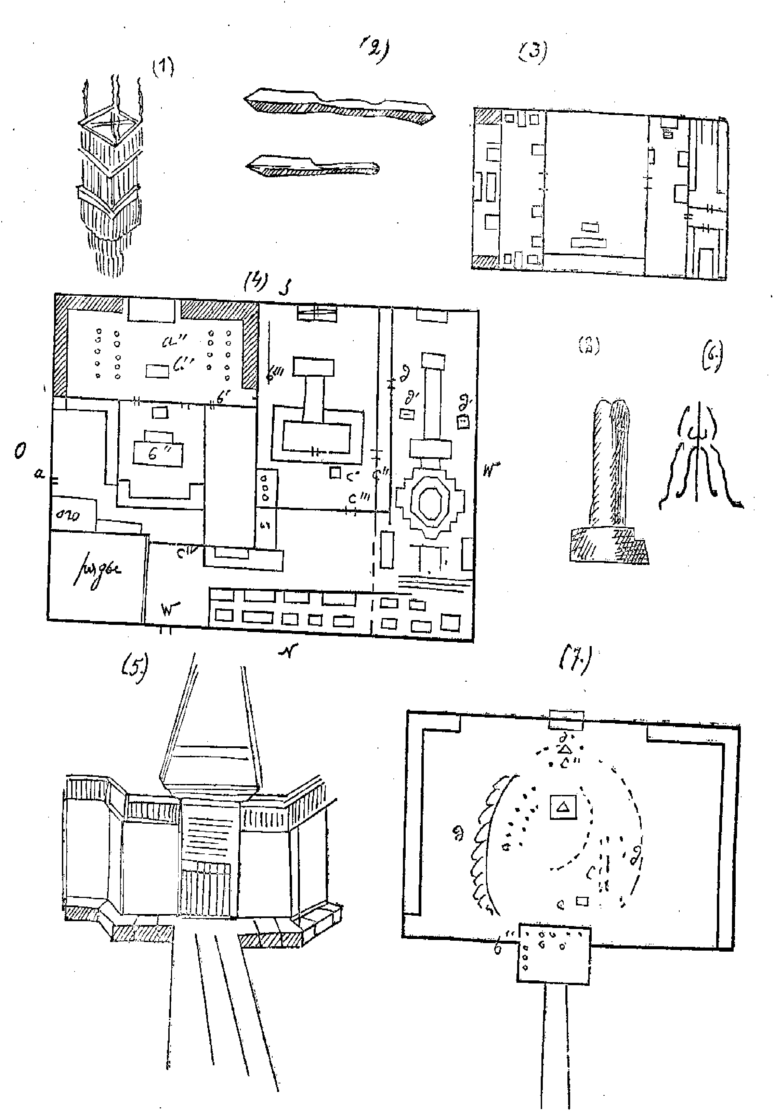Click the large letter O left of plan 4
point(20,452)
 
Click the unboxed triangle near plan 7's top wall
point(565,750)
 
